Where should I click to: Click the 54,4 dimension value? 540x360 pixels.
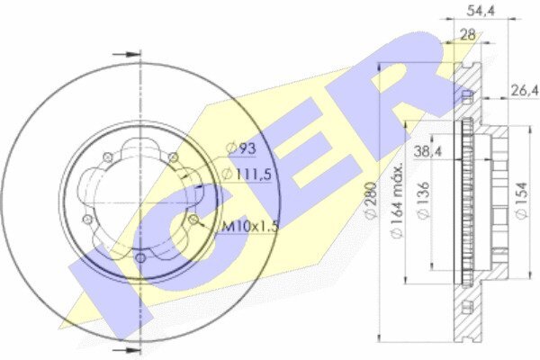[481, 11]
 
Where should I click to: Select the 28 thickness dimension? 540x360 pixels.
[468, 35]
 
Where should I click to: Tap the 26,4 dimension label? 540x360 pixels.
[524, 91]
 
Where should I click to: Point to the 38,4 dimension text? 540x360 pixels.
[427, 151]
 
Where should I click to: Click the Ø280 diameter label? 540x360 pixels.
[372, 201]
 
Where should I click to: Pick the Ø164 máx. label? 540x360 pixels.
[397, 200]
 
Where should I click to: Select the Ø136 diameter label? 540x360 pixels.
[424, 201]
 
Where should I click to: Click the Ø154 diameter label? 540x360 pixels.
[522, 201]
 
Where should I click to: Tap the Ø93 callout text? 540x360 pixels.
[241, 148]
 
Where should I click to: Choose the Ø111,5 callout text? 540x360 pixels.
[247, 175]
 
